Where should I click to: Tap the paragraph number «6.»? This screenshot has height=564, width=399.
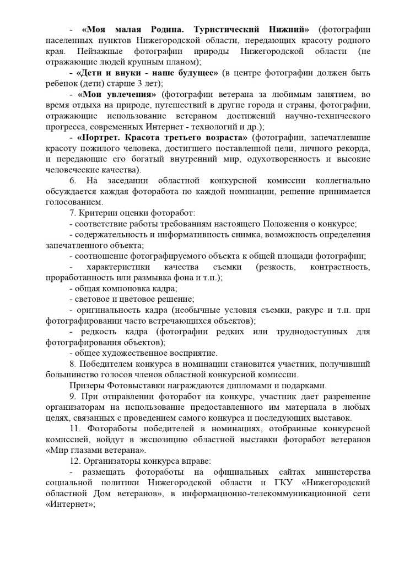pos(73,181)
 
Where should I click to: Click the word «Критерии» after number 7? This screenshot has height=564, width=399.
pos(99,213)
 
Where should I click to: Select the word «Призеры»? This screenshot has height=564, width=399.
pos(88,386)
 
